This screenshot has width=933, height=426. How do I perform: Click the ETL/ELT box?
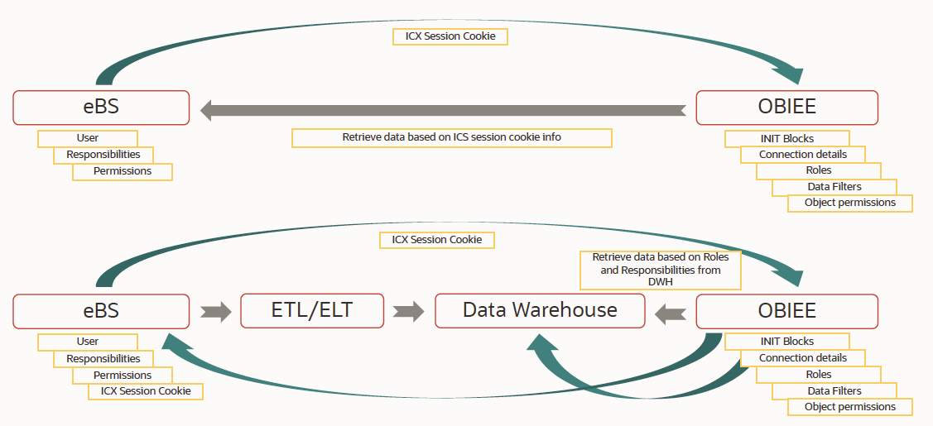pyautogui.click(x=312, y=311)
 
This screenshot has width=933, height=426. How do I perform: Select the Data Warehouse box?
pyautogui.click(x=540, y=311)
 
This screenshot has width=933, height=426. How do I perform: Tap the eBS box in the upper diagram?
pyautogui.click(x=101, y=108)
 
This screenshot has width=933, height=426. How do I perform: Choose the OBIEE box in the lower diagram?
pyautogui.click(x=786, y=311)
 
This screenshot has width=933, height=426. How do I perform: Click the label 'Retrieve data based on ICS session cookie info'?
pyautogui.click(x=451, y=138)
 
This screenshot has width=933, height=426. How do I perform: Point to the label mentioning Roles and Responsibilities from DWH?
pyautogui.click(x=661, y=270)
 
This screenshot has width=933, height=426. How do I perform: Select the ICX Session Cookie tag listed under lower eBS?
pyautogui.click(x=146, y=391)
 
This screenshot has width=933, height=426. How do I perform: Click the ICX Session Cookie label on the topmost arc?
pyautogui.click(x=450, y=36)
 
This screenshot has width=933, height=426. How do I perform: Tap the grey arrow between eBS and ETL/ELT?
pyautogui.click(x=215, y=312)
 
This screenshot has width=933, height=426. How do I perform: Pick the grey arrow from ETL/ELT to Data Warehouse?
pyautogui.click(x=409, y=312)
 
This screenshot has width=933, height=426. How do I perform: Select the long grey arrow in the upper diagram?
pyautogui.click(x=443, y=109)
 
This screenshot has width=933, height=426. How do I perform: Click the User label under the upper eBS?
pyautogui.click(x=88, y=138)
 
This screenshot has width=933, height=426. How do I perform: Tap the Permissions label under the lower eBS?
pyautogui.click(x=123, y=375)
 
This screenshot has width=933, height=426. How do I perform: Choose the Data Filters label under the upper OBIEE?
pyautogui.click(x=834, y=187)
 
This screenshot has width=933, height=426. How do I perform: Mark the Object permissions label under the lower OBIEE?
pyautogui.click(x=850, y=407)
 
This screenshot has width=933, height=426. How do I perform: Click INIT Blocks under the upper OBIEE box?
pyautogui.click(x=786, y=138)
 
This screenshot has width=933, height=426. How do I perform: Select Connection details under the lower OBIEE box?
pyautogui.click(x=802, y=358)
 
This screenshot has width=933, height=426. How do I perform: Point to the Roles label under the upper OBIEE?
pyautogui.click(x=818, y=170)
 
